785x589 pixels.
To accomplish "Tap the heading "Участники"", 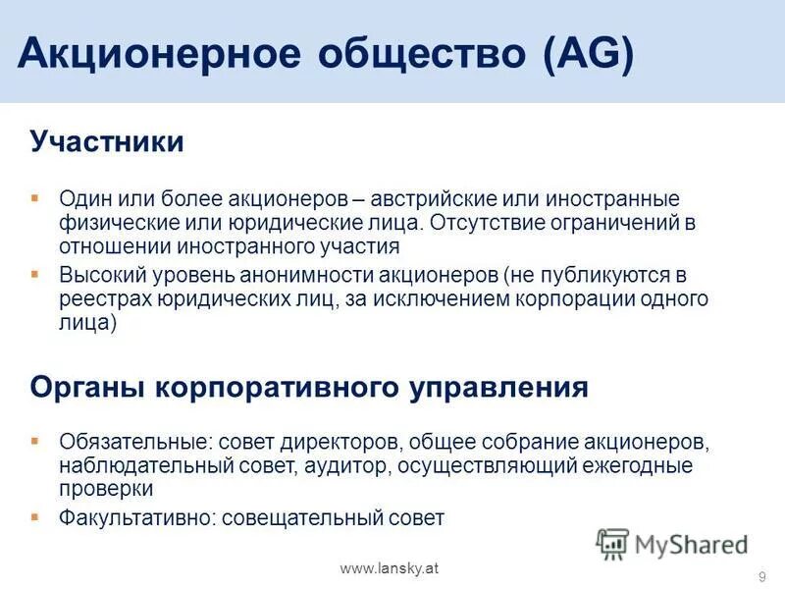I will (x=107, y=142).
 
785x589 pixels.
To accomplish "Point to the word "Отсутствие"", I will (x=485, y=223).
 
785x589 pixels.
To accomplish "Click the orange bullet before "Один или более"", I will (x=35, y=198).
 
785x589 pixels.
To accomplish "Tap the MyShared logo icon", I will (x=613, y=543).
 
